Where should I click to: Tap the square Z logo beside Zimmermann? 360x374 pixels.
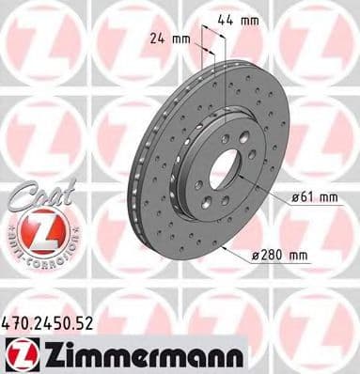(21, 351)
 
